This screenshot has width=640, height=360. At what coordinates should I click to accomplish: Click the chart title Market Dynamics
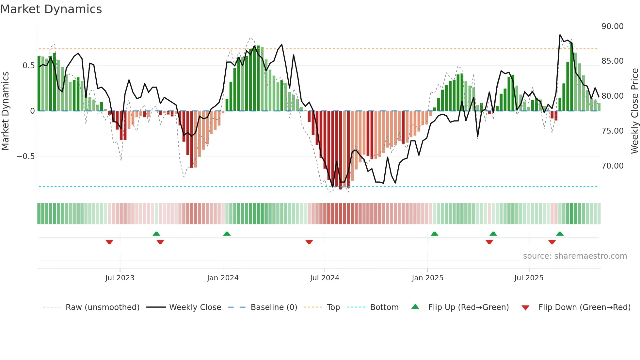[51, 9]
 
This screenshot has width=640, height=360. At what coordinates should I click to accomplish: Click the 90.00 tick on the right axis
[612, 26]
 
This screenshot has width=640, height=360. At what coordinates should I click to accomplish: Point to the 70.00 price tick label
[612, 166]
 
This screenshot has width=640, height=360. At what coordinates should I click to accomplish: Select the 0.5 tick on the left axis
[28, 66]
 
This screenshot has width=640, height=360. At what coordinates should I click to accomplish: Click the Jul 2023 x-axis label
[120, 278]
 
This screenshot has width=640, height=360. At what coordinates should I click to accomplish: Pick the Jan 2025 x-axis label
[427, 278]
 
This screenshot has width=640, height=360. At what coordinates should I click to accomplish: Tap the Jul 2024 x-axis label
[325, 278]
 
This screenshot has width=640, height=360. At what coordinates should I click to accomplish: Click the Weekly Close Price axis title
[634, 111]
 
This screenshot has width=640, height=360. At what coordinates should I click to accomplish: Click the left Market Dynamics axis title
[5, 111]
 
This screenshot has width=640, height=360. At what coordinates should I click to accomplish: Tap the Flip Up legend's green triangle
[415, 307]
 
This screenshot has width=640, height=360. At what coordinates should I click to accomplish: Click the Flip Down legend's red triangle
[525, 308]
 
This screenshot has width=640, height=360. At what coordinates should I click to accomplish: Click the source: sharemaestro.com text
[575, 256]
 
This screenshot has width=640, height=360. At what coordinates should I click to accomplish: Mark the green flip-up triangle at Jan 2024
[227, 234]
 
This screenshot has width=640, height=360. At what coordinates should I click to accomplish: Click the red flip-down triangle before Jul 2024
[309, 242]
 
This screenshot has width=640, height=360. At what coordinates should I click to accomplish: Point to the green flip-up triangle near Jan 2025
[434, 234]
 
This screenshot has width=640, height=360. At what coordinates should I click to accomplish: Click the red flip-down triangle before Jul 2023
[109, 242]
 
